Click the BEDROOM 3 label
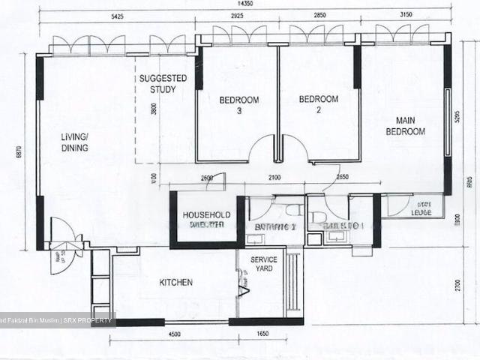(x=238, y=105)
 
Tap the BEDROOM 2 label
(x=318, y=104)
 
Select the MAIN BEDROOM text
(x=405, y=125)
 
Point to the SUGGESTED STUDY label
(x=157, y=84)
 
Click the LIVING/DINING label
(x=75, y=142)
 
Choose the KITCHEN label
(x=176, y=283)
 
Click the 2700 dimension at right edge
(x=467, y=286)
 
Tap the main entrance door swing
(x=63, y=234)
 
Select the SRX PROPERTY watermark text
(x=89, y=320)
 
